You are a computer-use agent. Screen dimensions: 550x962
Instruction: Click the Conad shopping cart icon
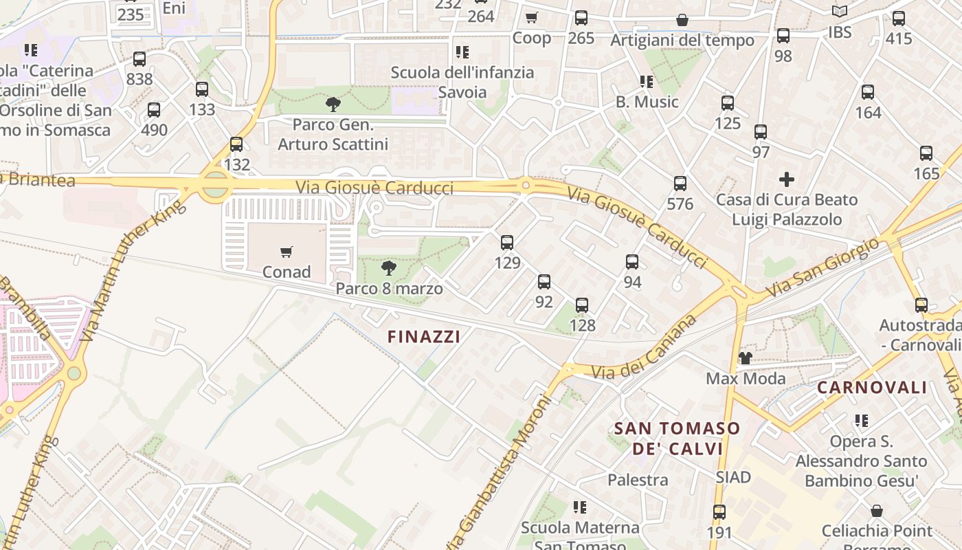click(x=287, y=252)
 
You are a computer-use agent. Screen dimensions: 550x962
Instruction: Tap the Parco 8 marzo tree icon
click(x=389, y=268)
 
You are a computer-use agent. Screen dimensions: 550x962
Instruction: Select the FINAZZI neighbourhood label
click(x=423, y=336)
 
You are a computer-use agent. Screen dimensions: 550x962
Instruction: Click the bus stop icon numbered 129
click(x=507, y=242)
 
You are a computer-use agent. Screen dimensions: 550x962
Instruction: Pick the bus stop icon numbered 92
click(x=544, y=282)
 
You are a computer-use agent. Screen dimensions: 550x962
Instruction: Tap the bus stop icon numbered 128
click(x=582, y=305)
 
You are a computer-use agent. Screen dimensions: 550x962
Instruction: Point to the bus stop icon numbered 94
click(x=632, y=262)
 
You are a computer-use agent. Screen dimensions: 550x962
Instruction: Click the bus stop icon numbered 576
click(x=680, y=184)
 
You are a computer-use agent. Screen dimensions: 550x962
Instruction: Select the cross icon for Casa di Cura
click(x=787, y=180)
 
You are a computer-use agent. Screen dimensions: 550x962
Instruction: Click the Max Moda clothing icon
click(x=746, y=358)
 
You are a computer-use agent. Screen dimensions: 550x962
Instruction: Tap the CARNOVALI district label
click(x=872, y=387)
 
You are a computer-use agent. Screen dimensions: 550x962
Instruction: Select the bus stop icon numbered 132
click(x=236, y=144)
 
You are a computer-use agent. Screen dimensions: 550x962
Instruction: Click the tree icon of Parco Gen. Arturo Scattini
click(x=333, y=104)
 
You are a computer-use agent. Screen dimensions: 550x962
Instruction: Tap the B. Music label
click(x=647, y=102)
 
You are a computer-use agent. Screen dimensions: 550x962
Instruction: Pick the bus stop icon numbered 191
click(x=719, y=512)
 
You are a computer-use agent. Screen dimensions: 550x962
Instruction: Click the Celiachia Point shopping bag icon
click(x=877, y=511)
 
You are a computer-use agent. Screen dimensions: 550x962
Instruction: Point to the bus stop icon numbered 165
click(x=926, y=153)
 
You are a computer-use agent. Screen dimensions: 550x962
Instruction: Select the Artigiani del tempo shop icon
click(x=682, y=20)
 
